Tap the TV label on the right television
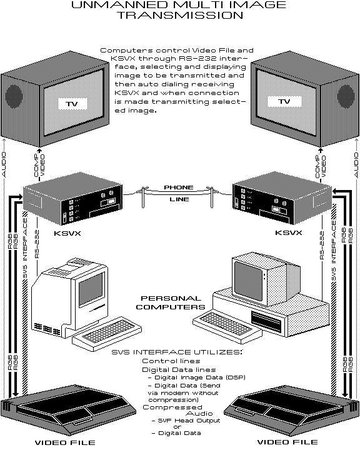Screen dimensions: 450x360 (285, 101)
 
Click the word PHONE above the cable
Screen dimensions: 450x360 (178, 187)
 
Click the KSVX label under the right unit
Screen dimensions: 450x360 (288, 232)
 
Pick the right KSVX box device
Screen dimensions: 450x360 (278, 198)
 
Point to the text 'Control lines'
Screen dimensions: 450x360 (171, 361)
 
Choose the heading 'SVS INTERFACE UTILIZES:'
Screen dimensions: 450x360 (176, 352)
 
